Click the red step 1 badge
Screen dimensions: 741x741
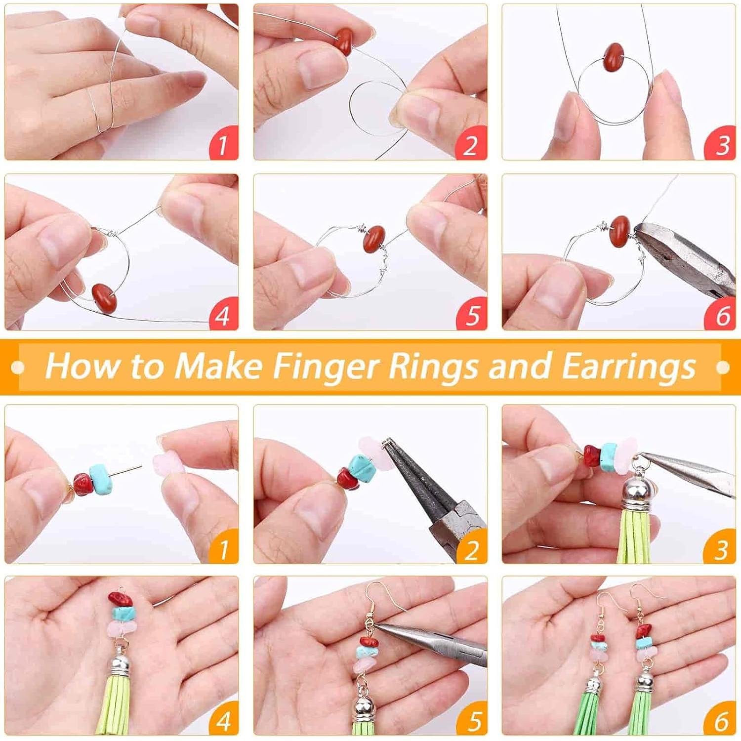223,144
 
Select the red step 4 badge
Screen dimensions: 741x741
223,315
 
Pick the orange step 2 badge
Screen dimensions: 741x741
472,548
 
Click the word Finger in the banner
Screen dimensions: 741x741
326,367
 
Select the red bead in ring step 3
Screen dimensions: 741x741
614,56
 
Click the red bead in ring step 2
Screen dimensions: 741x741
343,41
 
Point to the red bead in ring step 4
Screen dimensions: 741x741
104,297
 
